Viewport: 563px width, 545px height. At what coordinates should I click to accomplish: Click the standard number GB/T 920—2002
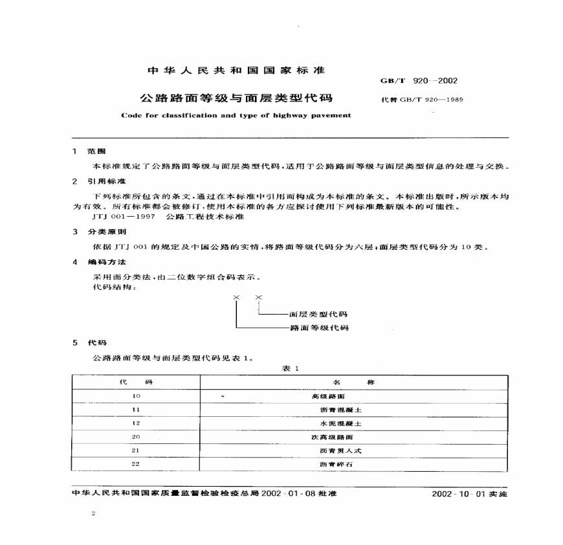tap(421, 81)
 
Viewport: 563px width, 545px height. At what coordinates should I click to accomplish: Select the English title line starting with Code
tap(236, 115)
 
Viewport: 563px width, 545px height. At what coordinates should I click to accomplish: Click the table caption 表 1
tap(289, 368)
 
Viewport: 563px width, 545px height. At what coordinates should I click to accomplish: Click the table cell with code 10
tap(135, 395)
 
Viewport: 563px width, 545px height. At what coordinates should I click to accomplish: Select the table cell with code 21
tap(135, 450)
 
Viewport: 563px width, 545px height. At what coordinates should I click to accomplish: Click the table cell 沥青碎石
tap(336, 465)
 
